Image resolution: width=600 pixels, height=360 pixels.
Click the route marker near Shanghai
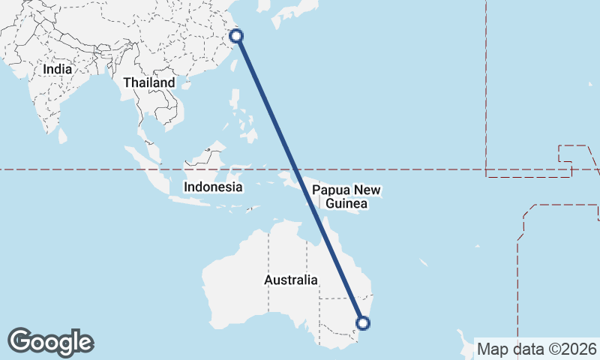(235, 36)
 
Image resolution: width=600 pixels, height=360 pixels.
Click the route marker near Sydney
(363, 323)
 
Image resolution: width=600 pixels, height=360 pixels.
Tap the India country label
(58, 68)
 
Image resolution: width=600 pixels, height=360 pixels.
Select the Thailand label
(149, 82)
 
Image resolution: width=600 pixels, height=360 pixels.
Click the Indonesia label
(213, 187)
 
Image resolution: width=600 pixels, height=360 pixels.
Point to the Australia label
(291, 280)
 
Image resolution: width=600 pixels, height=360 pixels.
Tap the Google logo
(50, 342)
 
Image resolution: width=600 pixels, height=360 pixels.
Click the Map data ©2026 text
(536, 349)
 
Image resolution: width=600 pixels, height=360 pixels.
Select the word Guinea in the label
(346, 204)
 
